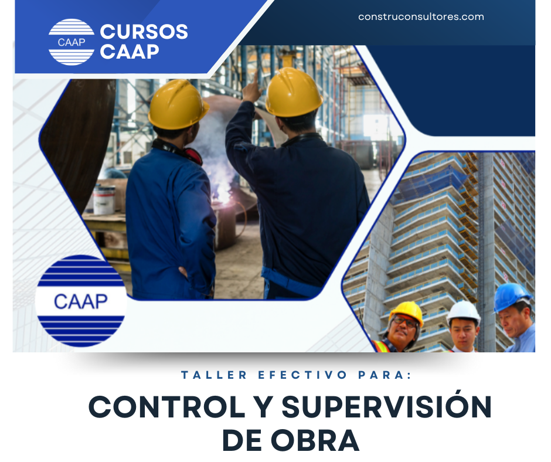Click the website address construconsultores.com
pyautogui.click(x=421, y=17)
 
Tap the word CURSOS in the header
pyautogui.click(x=144, y=32)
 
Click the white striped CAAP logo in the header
pyautogui.click(x=71, y=42)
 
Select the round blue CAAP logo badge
pyautogui.click(x=81, y=300)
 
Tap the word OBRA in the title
pyautogui.click(x=317, y=440)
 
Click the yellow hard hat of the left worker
pyautogui.click(x=178, y=104)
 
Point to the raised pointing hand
pyautogui.click(x=253, y=88)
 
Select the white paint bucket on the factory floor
pyautogui.click(x=104, y=199)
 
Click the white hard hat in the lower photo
pyautogui.click(x=463, y=312)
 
